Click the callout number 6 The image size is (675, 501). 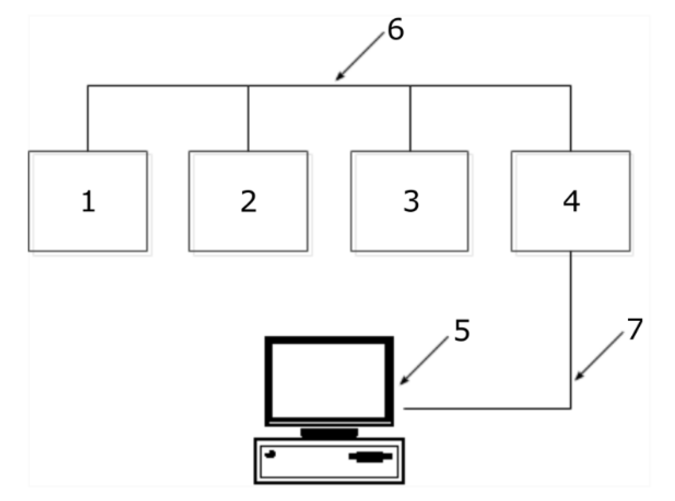[395, 30]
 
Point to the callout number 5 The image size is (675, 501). [462, 331]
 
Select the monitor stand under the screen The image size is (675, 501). [329, 433]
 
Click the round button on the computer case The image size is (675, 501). [270, 454]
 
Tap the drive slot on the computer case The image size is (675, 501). [370, 456]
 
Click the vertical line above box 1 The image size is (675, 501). [88, 119]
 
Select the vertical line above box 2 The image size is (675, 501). [248, 119]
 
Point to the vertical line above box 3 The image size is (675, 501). [410, 119]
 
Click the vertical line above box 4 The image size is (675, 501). [571, 119]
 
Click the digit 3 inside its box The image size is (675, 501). [411, 201]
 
